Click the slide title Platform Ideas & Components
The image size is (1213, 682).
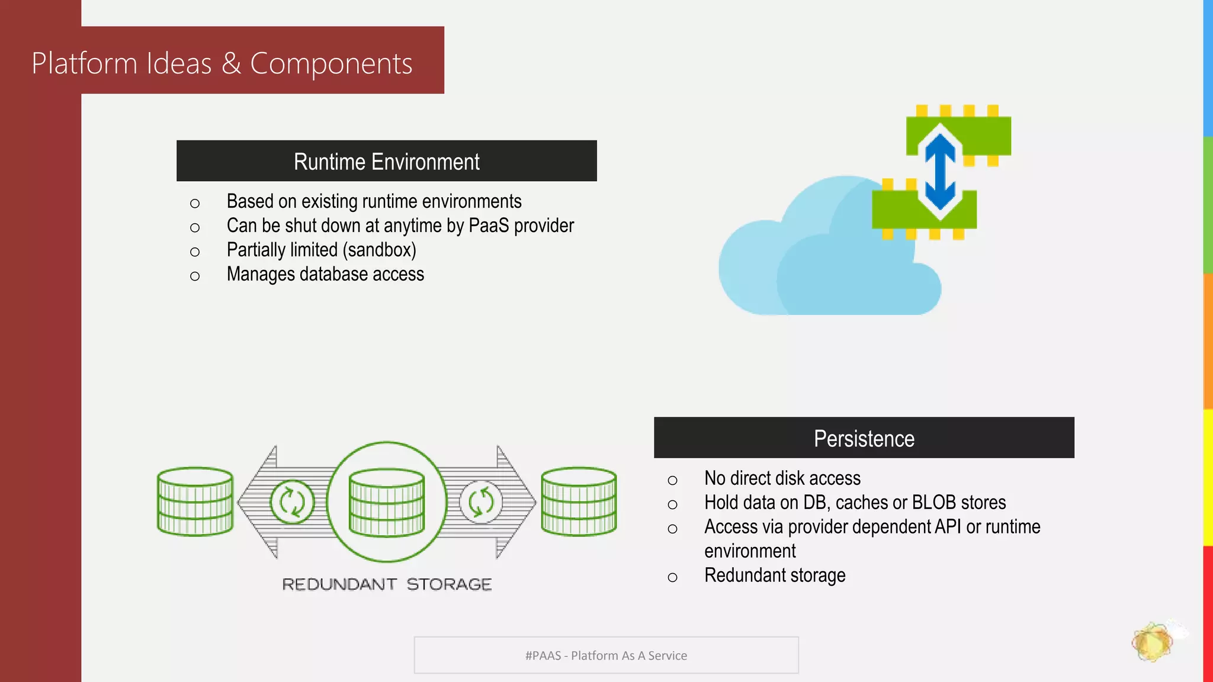coord(222,63)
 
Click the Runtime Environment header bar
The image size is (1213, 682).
coord(386,161)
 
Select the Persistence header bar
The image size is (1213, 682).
coord(864,438)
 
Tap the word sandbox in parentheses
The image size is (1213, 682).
coord(379,250)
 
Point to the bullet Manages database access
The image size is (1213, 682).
coord(325,274)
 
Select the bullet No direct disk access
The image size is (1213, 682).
coord(782,478)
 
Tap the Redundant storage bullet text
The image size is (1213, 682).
coord(774,575)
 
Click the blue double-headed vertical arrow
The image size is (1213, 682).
coord(940,172)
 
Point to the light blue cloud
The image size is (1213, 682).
coord(817,266)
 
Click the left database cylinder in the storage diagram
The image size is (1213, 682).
coord(195,501)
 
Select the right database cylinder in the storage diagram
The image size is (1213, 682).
coord(579,501)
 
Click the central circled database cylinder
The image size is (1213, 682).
coord(387,502)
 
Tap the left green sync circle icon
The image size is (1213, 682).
coord(292,502)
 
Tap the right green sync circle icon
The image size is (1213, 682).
coord(481,502)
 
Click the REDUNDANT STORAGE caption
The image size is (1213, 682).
coord(387,584)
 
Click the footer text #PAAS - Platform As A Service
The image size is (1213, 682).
coord(606,655)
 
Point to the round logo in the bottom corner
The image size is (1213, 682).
coord(1152,642)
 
